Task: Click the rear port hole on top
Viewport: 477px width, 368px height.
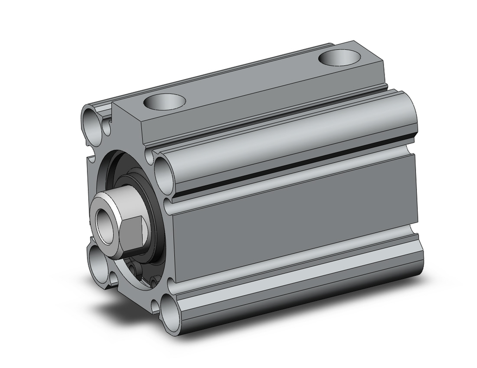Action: click(339, 59)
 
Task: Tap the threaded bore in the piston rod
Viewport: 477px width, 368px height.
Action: click(104, 220)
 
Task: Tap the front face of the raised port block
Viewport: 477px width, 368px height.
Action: click(129, 124)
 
